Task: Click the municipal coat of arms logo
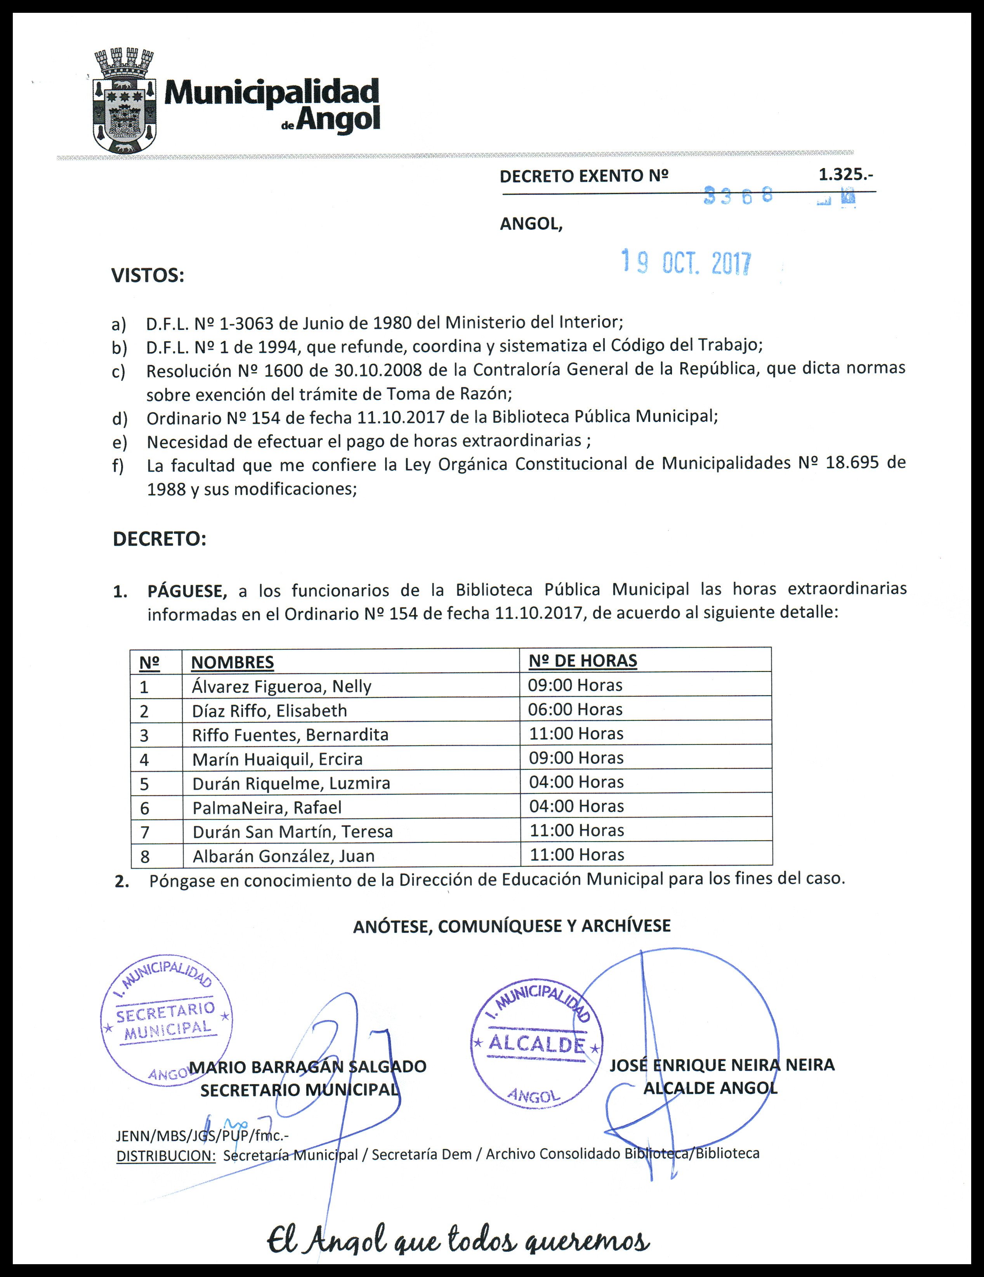[x=125, y=102]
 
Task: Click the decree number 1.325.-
[x=845, y=174]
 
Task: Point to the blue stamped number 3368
[x=738, y=195]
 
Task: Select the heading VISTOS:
[x=148, y=276]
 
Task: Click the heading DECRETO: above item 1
[x=159, y=538]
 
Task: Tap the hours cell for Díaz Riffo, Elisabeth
[x=575, y=709]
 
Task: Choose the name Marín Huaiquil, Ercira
[x=277, y=759]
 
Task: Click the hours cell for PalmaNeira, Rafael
[x=576, y=806]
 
